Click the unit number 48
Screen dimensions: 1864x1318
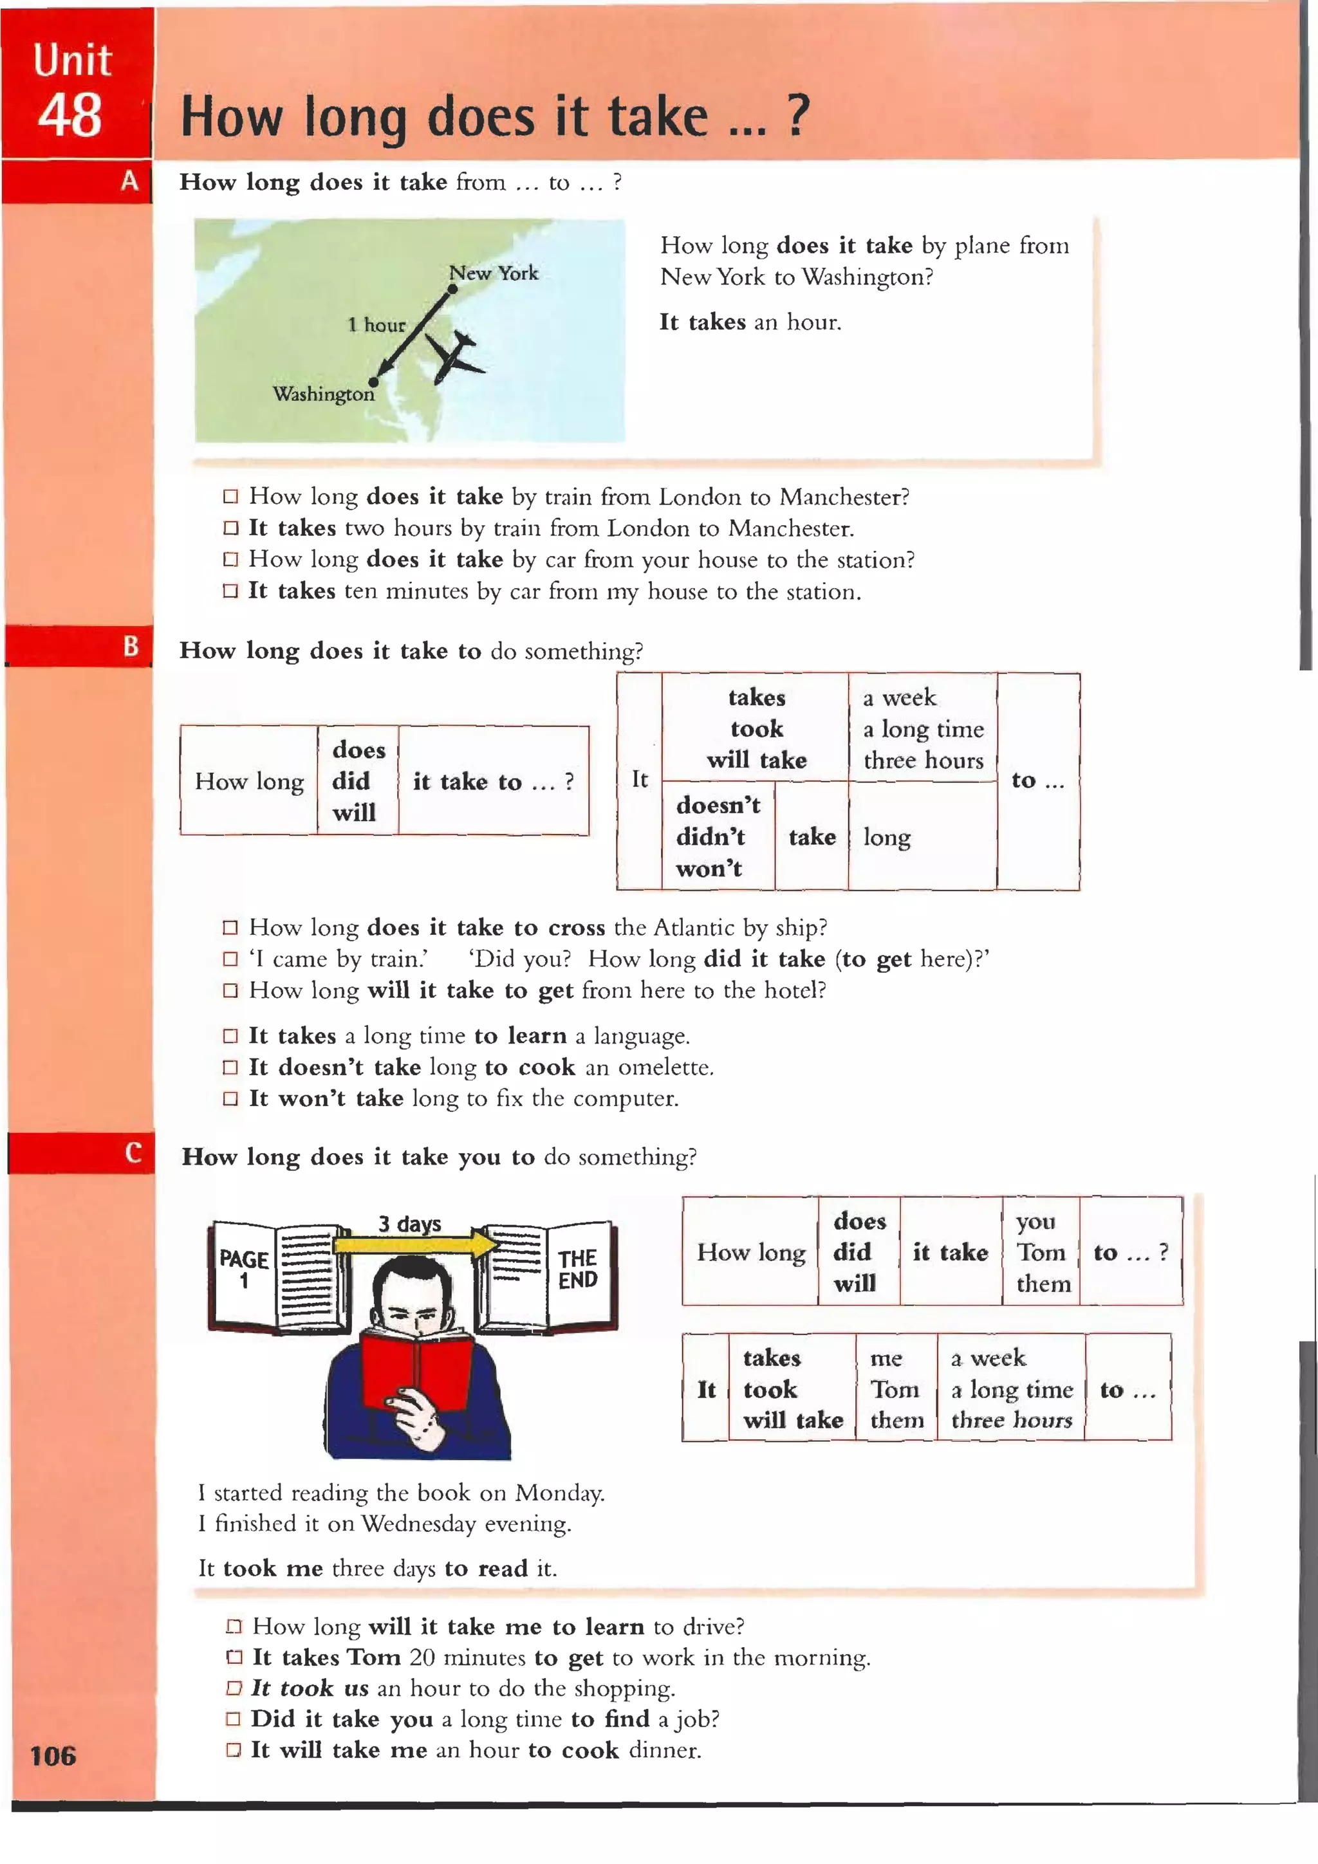(70, 116)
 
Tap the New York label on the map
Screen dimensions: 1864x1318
(494, 273)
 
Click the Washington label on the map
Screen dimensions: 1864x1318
(323, 394)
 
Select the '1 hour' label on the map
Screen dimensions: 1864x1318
(376, 326)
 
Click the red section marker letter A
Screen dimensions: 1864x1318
(129, 181)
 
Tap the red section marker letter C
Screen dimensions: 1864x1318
(133, 1153)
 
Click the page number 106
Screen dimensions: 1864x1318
(53, 1756)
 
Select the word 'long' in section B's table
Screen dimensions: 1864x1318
(887, 838)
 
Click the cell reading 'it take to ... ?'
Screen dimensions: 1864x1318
(493, 782)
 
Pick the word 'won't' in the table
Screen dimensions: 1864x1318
(709, 869)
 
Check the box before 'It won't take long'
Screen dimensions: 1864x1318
(230, 1099)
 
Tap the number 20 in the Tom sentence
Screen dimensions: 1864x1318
(422, 1657)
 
